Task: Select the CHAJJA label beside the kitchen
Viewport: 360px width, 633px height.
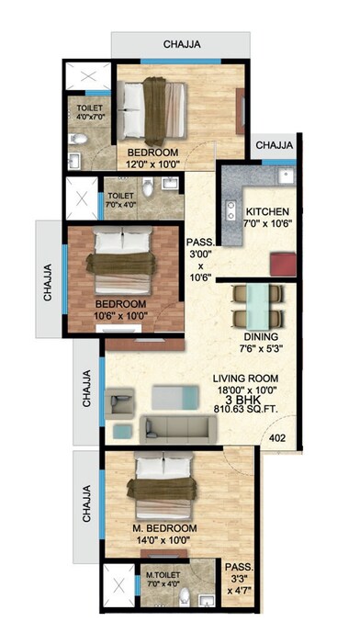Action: [x=275, y=145]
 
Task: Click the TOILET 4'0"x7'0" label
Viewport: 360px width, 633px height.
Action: [x=88, y=113]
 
